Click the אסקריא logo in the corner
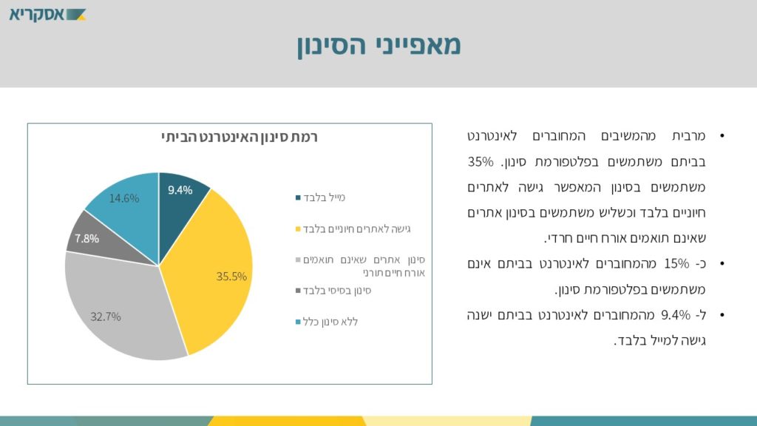point(47,15)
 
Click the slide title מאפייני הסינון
point(379,45)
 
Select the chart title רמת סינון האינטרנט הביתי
point(240,137)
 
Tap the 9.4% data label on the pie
point(180,190)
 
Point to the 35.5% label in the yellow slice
point(231,277)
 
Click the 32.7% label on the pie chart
point(105,317)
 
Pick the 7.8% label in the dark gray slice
point(87,239)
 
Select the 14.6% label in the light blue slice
point(124,198)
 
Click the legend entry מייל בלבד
point(324,197)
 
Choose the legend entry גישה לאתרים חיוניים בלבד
point(357,229)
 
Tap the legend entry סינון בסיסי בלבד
point(337,291)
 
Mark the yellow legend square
point(298,229)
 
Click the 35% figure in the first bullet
point(481,162)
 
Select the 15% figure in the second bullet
point(676,264)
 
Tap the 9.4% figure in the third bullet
point(676,315)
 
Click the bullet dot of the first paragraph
point(722,136)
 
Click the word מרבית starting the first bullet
point(688,136)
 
